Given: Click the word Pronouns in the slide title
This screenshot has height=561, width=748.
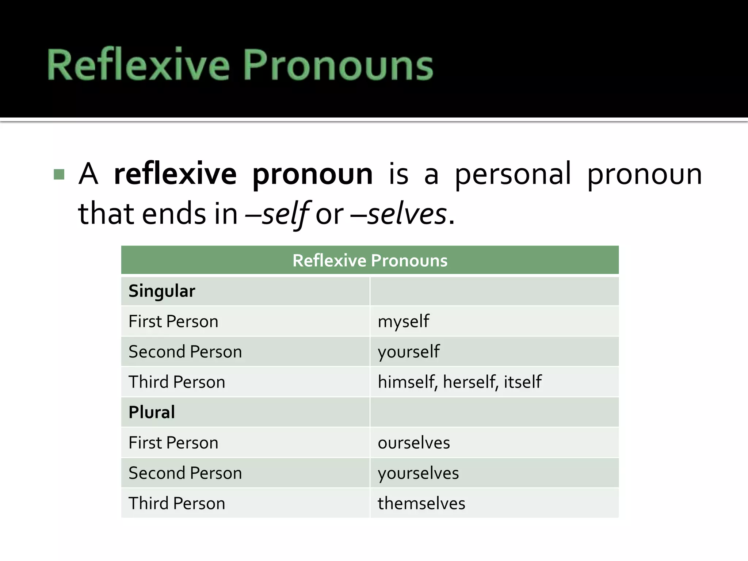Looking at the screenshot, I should click(x=338, y=65).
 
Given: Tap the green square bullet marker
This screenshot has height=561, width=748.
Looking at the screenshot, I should click(x=59, y=174).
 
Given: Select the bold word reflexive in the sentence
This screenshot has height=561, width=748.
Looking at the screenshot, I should click(x=175, y=174).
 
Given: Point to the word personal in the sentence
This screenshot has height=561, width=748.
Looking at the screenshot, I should click(x=512, y=174).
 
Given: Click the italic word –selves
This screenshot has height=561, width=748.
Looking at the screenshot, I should click(x=402, y=214).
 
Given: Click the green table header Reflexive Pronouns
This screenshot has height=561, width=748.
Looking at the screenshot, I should click(x=370, y=260).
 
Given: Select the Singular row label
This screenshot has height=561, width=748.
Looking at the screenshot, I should click(x=162, y=291).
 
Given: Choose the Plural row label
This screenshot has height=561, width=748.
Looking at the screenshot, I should click(x=152, y=412).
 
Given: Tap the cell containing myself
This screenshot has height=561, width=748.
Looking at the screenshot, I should click(x=403, y=322).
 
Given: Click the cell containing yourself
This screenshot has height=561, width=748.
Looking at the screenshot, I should click(x=409, y=352).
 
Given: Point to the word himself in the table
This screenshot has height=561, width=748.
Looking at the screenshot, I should click(x=407, y=382).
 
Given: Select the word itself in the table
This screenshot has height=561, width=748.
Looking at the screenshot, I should click(x=523, y=382).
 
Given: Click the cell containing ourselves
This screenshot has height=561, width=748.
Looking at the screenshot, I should click(x=414, y=443).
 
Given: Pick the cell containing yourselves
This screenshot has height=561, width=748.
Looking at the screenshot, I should click(x=418, y=473).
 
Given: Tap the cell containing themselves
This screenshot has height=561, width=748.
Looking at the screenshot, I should click(x=421, y=503).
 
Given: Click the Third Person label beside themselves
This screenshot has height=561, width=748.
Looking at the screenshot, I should click(x=177, y=503).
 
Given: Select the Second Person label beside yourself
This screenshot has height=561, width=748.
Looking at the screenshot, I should click(x=185, y=352).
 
